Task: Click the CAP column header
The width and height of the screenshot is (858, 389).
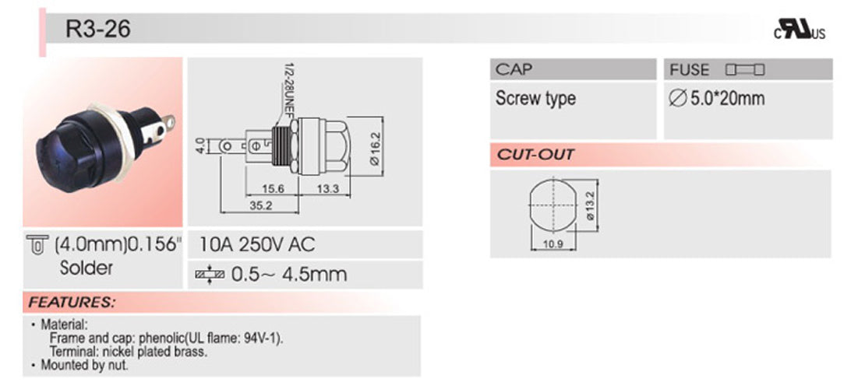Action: coord(515,69)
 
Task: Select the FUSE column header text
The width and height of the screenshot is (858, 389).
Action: coord(690,70)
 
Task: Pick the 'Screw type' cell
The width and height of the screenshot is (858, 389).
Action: coord(535,99)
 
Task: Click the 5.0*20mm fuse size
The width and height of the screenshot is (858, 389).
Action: coord(717,99)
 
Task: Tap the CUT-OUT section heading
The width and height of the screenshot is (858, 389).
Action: coord(536,155)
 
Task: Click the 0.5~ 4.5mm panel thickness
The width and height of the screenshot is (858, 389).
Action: coord(288,275)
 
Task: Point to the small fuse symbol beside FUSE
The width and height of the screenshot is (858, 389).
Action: coord(745,70)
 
